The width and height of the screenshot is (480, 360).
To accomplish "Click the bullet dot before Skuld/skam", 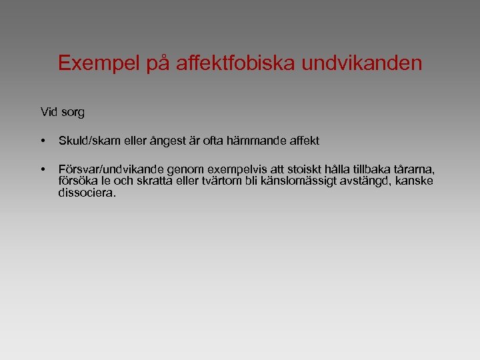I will pos(42,141).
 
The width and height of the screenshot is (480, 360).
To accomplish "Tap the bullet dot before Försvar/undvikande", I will pos(42,169).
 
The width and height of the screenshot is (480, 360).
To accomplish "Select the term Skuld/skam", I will pos(88,141).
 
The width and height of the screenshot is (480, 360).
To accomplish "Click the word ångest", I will pos(167,141).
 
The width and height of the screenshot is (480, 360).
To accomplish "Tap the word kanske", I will pos(417,181).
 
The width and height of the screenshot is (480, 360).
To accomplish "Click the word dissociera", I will pos(87,193).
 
